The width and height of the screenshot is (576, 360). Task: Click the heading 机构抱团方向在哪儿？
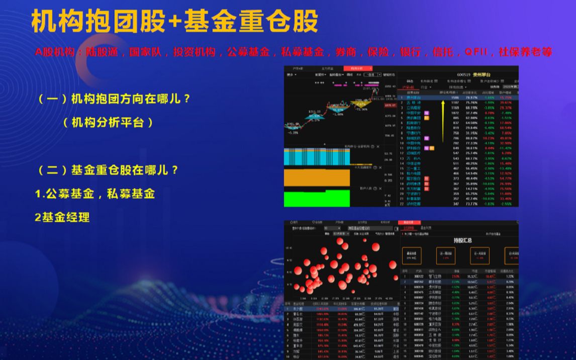115,99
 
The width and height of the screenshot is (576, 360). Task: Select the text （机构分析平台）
108,122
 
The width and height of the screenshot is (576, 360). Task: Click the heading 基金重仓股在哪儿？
109,170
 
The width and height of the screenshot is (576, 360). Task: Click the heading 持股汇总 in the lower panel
462,240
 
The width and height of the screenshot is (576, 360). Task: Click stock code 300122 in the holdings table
419,277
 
